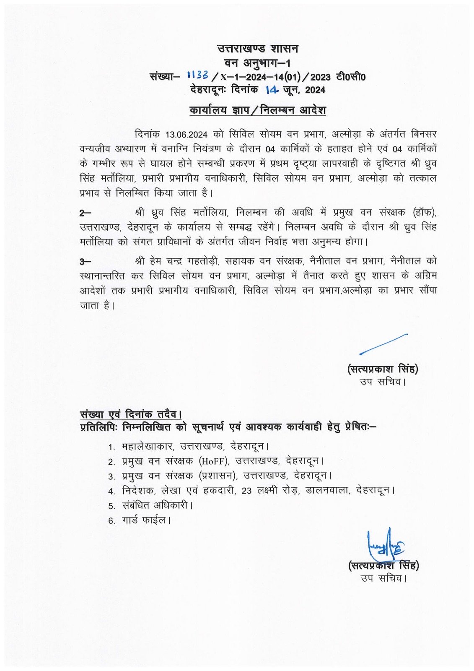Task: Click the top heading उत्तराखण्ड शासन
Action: coord(257,49)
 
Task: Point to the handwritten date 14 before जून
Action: coord(272,90)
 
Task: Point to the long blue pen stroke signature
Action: coord(383,344)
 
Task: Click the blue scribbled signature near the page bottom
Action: coord(385,544)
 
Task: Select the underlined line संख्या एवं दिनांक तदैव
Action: coord(130,414)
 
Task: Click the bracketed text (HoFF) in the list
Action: coord(214,461)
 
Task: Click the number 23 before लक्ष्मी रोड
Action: coord(246,491)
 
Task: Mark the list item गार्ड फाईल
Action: coord(146,520)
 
